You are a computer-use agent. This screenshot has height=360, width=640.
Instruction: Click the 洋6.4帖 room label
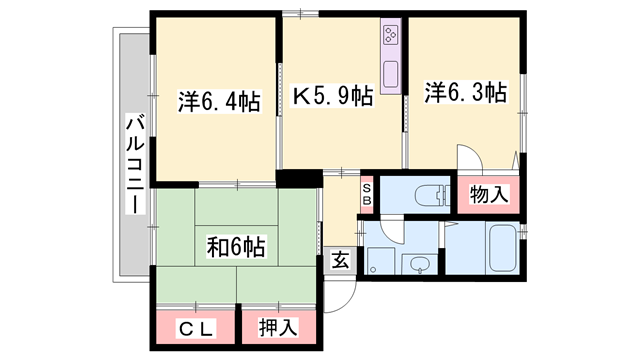click(220, 101)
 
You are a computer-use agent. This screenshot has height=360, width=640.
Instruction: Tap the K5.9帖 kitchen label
click(333, 96)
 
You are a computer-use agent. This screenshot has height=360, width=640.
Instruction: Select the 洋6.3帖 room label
click(465, 93)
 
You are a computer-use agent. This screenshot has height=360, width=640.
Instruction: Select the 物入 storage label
click(488, 193)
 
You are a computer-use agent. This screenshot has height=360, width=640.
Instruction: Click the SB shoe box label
click(367, 193)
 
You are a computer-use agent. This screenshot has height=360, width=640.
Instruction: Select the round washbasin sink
click(420, 265)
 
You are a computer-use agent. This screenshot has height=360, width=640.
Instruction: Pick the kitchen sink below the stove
click(389, 75)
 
